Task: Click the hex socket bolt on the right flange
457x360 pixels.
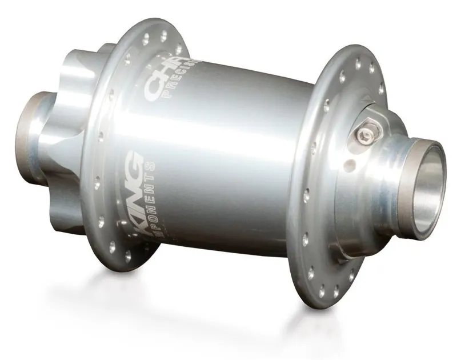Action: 364,135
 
